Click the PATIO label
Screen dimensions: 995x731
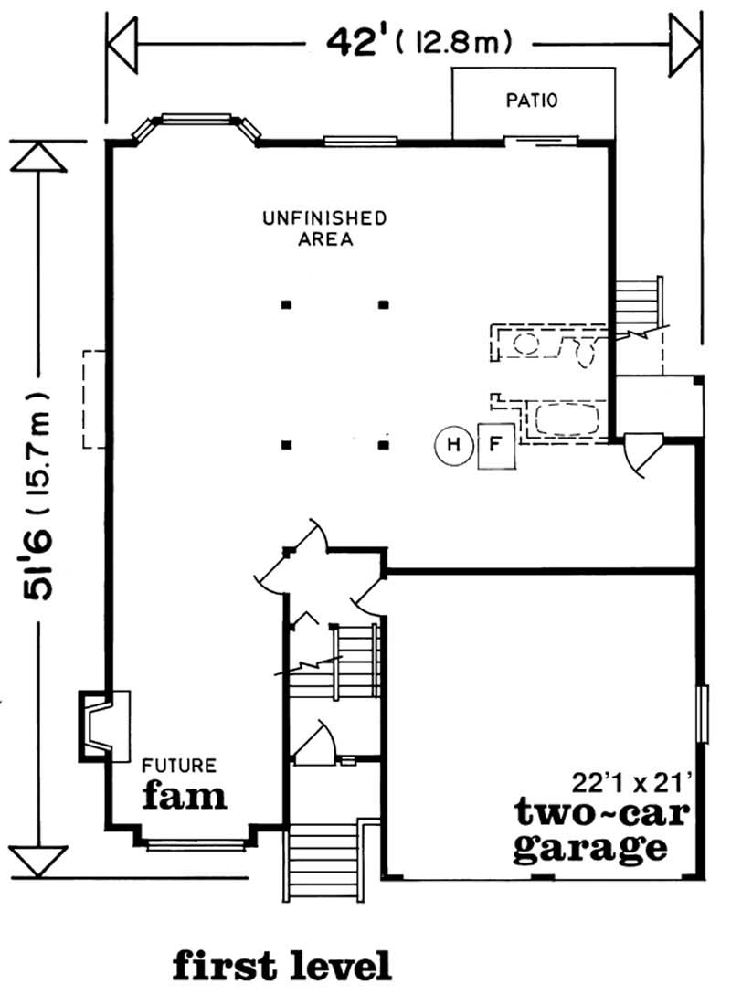532,101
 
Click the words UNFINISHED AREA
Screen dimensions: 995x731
324,228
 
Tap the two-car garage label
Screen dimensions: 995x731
590,830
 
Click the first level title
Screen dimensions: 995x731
282,965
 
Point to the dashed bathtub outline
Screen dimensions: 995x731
567,420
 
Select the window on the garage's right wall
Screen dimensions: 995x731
702,714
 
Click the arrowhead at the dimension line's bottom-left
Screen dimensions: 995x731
39,860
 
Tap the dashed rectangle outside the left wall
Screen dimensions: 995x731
94,399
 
